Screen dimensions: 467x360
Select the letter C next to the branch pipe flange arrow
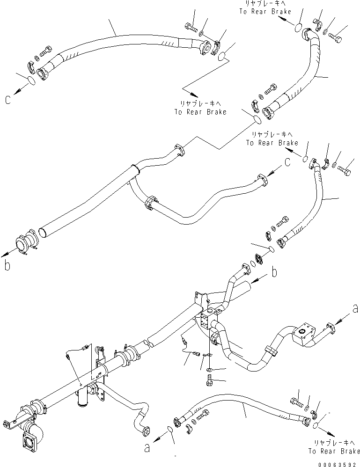(x=288, y=162)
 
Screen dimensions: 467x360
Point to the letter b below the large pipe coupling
(x=7, y=266)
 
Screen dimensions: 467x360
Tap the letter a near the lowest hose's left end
(x=147, y=448)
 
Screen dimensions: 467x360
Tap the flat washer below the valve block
(x=208, y=370)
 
